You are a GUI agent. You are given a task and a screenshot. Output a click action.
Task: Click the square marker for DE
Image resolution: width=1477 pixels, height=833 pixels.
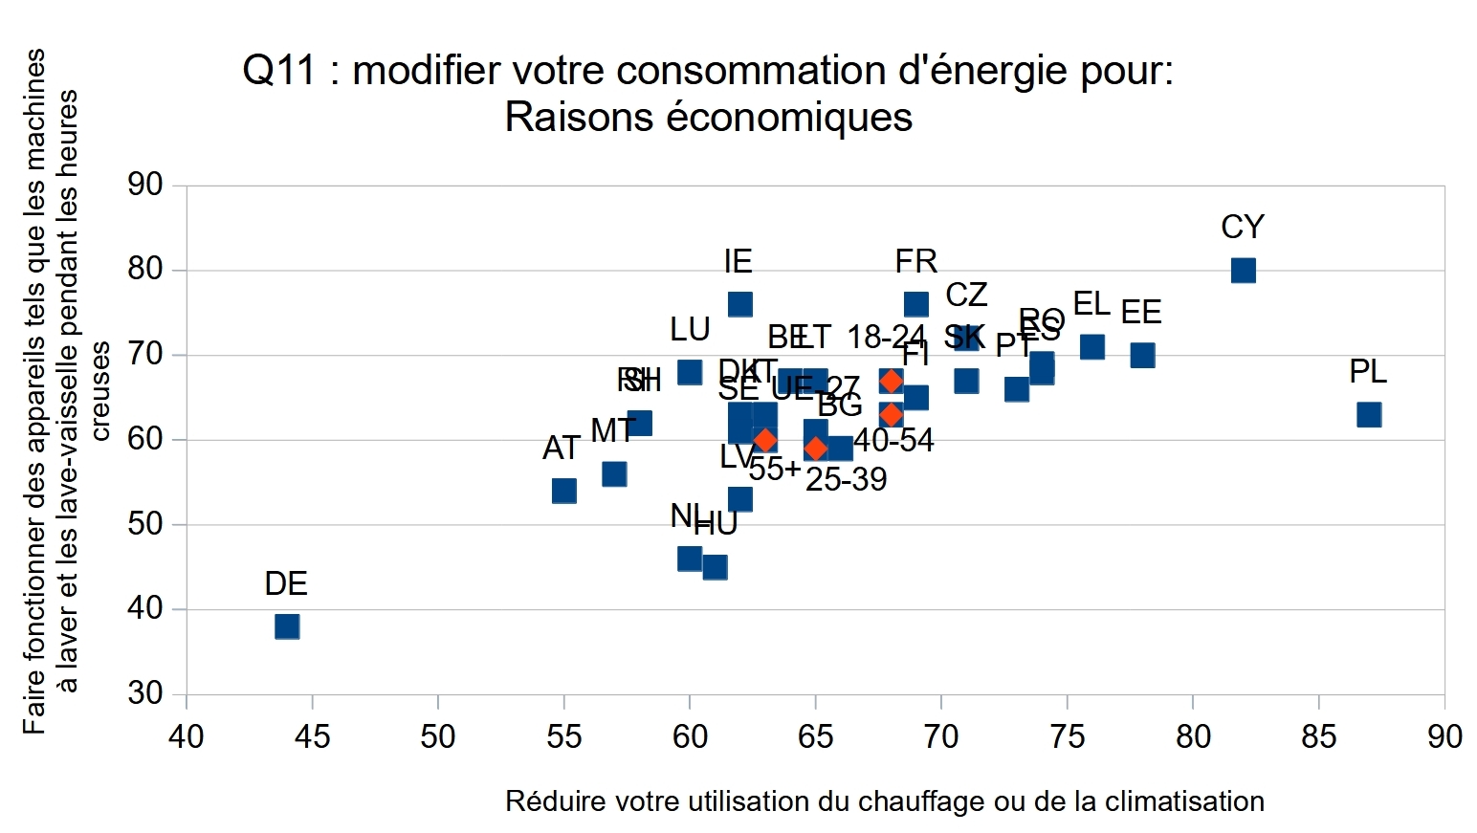(x=287, y=626)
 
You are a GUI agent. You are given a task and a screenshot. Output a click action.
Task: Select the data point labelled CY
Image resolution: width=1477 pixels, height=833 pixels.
(x=1243, y=271)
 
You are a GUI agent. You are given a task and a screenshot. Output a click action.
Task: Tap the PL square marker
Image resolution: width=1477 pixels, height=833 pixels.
(x=1369, y=414)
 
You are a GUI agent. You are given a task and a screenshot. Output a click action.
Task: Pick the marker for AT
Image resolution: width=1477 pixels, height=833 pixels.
(x=564, y=491)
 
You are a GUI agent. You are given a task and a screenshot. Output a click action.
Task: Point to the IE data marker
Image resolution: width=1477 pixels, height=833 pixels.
(x=739, y=304)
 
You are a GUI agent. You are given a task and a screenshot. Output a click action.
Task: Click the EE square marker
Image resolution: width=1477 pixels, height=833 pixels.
(x=1142, y=355)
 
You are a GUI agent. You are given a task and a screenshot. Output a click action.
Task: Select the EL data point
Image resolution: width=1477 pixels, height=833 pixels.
(x=1092, y=346)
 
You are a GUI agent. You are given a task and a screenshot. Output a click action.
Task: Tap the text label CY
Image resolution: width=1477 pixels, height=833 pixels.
(x=1243, y=228)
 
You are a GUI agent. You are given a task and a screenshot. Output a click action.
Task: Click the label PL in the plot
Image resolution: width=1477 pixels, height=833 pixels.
(x=1368, y=371)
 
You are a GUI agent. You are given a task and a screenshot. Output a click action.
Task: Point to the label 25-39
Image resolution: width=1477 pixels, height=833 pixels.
(x=846, y=479)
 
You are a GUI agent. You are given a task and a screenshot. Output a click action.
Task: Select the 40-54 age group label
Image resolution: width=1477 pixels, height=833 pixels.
(x=893, y=440)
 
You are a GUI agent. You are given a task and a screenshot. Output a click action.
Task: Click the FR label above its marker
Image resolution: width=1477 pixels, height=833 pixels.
(x=915, y=261)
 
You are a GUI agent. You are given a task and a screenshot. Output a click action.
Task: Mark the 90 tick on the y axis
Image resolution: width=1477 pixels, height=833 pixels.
(x=145, y=185)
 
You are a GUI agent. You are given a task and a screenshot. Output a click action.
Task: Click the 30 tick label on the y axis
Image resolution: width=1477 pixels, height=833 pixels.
(x=145, y=692)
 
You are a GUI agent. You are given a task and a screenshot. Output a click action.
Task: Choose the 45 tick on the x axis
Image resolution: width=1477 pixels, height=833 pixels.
(x=312, y=736)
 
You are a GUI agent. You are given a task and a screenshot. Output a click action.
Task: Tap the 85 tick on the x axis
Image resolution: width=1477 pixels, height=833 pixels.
(x=1318, y=736)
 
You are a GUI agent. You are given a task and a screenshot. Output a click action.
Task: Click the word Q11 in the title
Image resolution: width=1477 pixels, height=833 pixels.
(x=278, y=71)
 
